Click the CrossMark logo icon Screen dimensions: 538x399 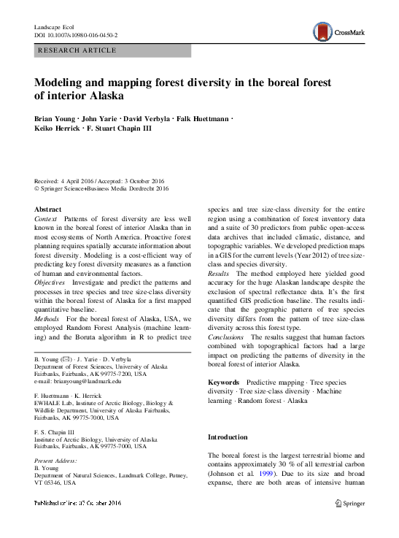click(322, 31)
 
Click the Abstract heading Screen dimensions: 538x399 click(48, 210)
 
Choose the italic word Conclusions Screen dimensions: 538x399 click(227, 338)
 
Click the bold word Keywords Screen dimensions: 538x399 click(224, 383)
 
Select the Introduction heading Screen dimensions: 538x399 click(228, 437)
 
